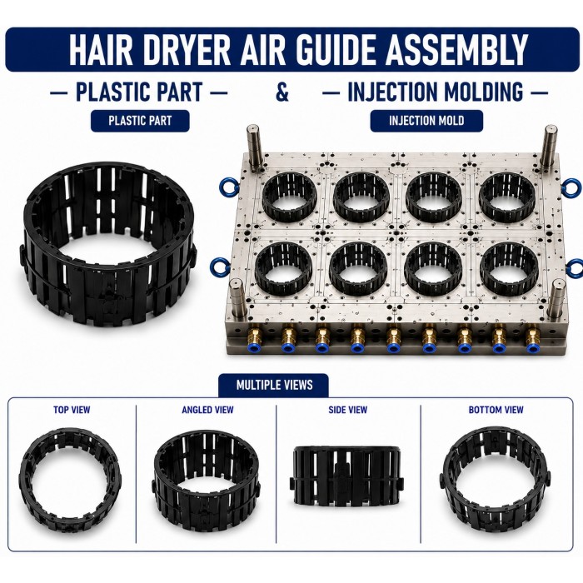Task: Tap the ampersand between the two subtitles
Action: click(x=282, y=92)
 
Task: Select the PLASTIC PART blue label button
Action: click(x=140, y=121)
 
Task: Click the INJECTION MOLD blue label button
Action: click(x=426, y=121)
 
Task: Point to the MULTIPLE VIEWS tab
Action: click(x=274, y=385)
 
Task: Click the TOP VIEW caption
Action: click(x=72, y=410)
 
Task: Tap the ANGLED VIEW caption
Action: click(x=207, y=410)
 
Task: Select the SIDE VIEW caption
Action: click(x=347, y=410)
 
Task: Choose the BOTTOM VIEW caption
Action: click(x=496, y=410)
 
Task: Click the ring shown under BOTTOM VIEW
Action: click(x=446, y=483)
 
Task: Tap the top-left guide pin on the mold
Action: click(x=254, y=149)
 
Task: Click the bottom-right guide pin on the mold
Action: click(x=556, y=301)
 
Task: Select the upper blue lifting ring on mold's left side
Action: click(x=226, y=187)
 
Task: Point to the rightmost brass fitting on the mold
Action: click(x=532, y=337)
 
